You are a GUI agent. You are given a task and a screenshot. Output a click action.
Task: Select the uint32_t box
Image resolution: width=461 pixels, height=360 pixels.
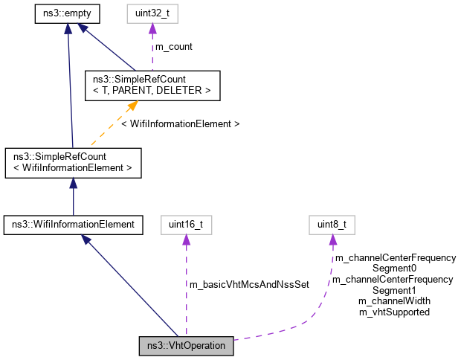coord(153,13)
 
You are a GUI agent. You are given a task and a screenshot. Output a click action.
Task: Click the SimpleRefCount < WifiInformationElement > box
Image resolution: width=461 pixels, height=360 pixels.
coord(72,162)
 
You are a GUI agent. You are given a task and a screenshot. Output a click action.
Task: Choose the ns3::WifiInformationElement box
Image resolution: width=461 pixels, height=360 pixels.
coord(72,223)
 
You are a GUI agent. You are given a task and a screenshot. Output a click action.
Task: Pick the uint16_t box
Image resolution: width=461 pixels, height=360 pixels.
coord(184,223)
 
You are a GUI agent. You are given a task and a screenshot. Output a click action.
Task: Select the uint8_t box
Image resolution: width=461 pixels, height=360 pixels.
coord(332,223)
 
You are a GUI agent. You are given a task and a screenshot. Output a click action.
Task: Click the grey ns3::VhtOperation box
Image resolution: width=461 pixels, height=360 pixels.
coord(187,346)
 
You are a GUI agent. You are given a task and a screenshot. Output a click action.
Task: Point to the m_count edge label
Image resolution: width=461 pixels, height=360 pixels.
coord(173,46)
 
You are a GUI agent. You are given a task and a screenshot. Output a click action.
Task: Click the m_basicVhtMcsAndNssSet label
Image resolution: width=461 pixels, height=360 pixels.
coord(249,285)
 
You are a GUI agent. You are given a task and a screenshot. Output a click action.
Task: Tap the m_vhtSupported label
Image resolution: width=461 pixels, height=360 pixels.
coord(394,312)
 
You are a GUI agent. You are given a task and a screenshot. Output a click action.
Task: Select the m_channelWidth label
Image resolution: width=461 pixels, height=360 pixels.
coord(394,301)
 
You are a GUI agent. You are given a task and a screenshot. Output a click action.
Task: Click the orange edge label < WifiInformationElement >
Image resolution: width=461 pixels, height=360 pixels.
coord(180,123)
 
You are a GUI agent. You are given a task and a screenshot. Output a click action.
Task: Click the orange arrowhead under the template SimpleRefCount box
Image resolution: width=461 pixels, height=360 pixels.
coord(132,106)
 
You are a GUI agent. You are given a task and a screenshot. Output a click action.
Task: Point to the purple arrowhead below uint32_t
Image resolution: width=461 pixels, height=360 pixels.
coord(153,28)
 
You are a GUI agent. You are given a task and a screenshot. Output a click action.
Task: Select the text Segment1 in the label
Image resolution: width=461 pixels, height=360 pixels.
coord(394,290)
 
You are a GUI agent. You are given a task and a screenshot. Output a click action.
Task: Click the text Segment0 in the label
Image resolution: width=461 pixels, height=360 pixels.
coord(394,268)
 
